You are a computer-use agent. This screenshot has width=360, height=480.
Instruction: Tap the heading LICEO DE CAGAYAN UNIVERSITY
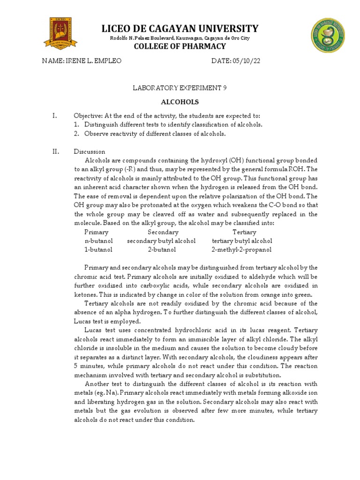pyautogui.click(x=180, y=28)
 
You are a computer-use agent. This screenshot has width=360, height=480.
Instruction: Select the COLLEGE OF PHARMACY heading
pyautogui.click(x=180, y=46)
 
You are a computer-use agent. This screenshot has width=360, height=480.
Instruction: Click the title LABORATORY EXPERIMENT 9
pyautogui.click(x=180, y=88)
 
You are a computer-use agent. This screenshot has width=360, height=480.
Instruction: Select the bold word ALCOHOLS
pyautogui.click(x=180, y=102)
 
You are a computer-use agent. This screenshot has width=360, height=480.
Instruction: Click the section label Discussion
pyautogui.click(x=90, y=151)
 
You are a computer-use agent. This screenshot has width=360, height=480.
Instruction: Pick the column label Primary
pyautogui.click(x=96, y=232)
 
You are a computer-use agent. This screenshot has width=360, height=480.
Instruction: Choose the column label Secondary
pyautogui.click(x=163, y=232)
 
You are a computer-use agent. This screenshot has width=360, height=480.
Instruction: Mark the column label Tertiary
pyautogui.click(x=244, y=232)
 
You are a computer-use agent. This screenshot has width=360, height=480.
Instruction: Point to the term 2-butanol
pyautogui.click(x=162, y=250)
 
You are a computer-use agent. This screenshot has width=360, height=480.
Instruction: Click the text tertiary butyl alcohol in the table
pyautogui.click(x=242, y=241)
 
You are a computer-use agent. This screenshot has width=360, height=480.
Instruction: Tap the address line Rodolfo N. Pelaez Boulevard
pyautogui.click(x=180, y=38)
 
